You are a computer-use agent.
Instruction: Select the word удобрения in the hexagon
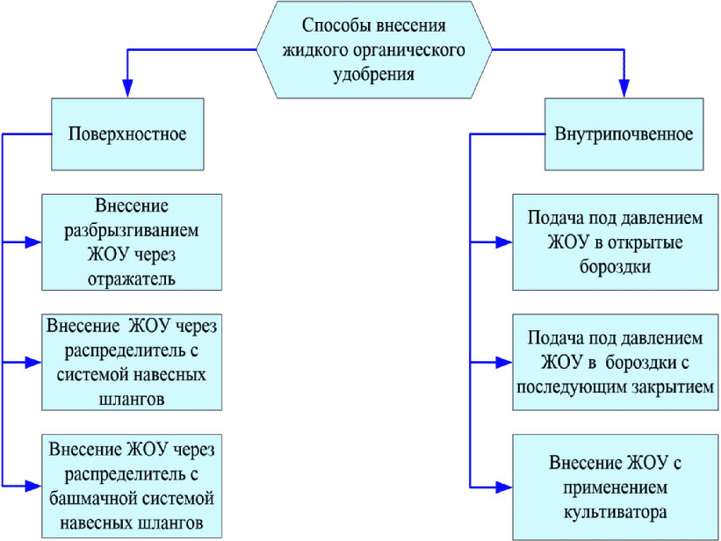tap(374, 74)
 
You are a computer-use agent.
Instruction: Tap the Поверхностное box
tap(127, 133)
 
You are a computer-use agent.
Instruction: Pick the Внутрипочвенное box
tap(624, 133)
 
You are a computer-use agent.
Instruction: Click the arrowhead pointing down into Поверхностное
tap(127, 89)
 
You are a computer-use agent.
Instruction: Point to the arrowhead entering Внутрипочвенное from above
tap(624, 89)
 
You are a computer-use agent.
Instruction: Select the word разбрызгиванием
tap(132, 230)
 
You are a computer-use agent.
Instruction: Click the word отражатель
tap(132, 278)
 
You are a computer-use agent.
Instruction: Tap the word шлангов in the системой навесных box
tap(132, 399)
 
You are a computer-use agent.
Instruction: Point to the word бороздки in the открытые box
tap(616, 267)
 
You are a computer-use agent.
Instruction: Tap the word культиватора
tap(616, 512)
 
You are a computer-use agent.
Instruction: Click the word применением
tap(616, 487)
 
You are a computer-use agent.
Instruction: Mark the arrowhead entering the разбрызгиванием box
tap(33, 242)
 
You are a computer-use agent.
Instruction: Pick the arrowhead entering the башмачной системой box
tap(33, 487)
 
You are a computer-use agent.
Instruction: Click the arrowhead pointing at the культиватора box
tap(504, 487)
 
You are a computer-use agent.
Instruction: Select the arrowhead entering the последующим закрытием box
tap(504, 363)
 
